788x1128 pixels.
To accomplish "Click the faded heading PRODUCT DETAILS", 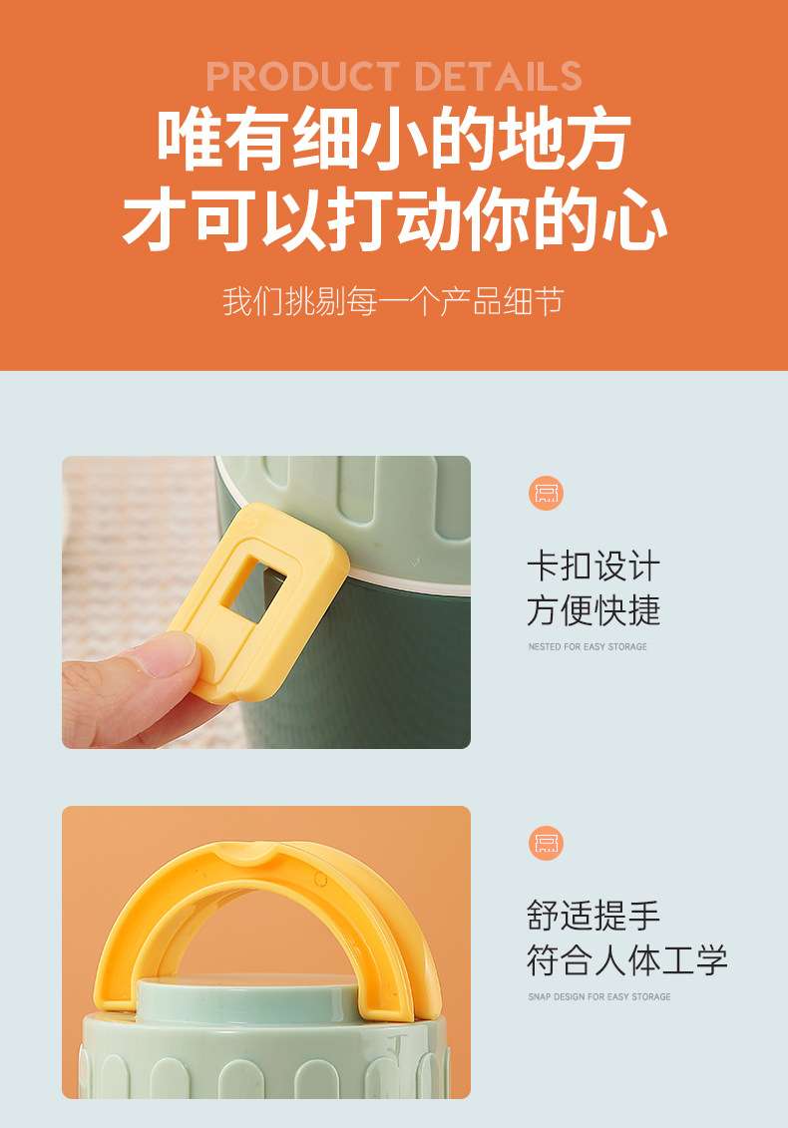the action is pos(394,76).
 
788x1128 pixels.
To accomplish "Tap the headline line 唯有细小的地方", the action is pos(394,139).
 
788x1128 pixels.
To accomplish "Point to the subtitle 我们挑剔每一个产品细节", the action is pos(393,301).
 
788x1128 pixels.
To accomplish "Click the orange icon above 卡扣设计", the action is pos(547,493).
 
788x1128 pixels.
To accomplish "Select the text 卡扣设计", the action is pos(593,566).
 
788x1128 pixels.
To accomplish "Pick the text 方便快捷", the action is pos(593,610).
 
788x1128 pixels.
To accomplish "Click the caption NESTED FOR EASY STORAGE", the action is pos(588,646).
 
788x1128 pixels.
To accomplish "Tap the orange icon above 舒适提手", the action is pos(547,843).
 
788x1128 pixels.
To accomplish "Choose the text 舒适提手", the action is pos(593,916).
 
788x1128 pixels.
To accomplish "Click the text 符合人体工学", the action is pos(626,960).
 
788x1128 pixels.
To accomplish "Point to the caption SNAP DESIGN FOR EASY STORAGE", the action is pos(599,996).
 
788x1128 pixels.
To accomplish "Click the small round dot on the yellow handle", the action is pos(320,879).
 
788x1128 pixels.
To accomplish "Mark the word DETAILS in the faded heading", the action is pos(498,76).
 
